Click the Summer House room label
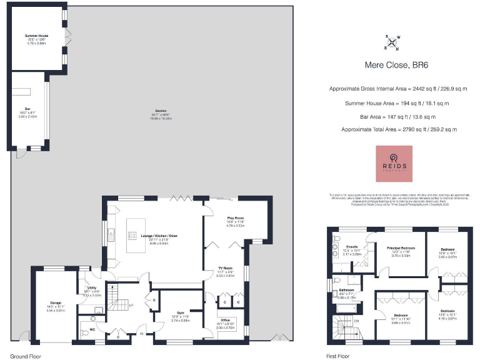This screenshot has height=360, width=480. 37,36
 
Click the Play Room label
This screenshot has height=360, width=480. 235,219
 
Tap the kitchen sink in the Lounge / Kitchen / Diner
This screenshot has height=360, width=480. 111,235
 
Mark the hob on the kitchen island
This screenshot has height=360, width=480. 133,235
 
